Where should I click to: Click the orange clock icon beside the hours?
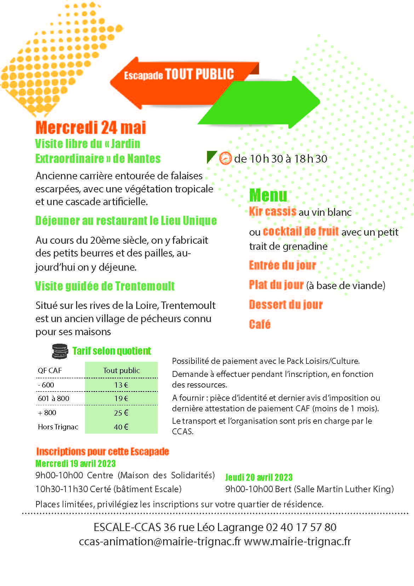225,158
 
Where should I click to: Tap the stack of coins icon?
59,351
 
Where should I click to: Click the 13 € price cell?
121,385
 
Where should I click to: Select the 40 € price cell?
121,427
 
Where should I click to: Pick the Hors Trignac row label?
58,427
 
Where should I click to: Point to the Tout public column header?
121,370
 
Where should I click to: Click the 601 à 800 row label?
53,398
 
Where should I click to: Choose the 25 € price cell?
121,413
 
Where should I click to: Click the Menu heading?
268,195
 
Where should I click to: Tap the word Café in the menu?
260,324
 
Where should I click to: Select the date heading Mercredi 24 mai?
91,128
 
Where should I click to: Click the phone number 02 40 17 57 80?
301,527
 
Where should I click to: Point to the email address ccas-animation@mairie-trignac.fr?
160,541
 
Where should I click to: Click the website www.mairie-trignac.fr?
298,541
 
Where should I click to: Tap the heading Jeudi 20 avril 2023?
259,477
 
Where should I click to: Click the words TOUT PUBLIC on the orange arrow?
199,74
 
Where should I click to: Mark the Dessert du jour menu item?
286,305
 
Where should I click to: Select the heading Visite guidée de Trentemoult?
105,286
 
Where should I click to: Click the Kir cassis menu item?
272,212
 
